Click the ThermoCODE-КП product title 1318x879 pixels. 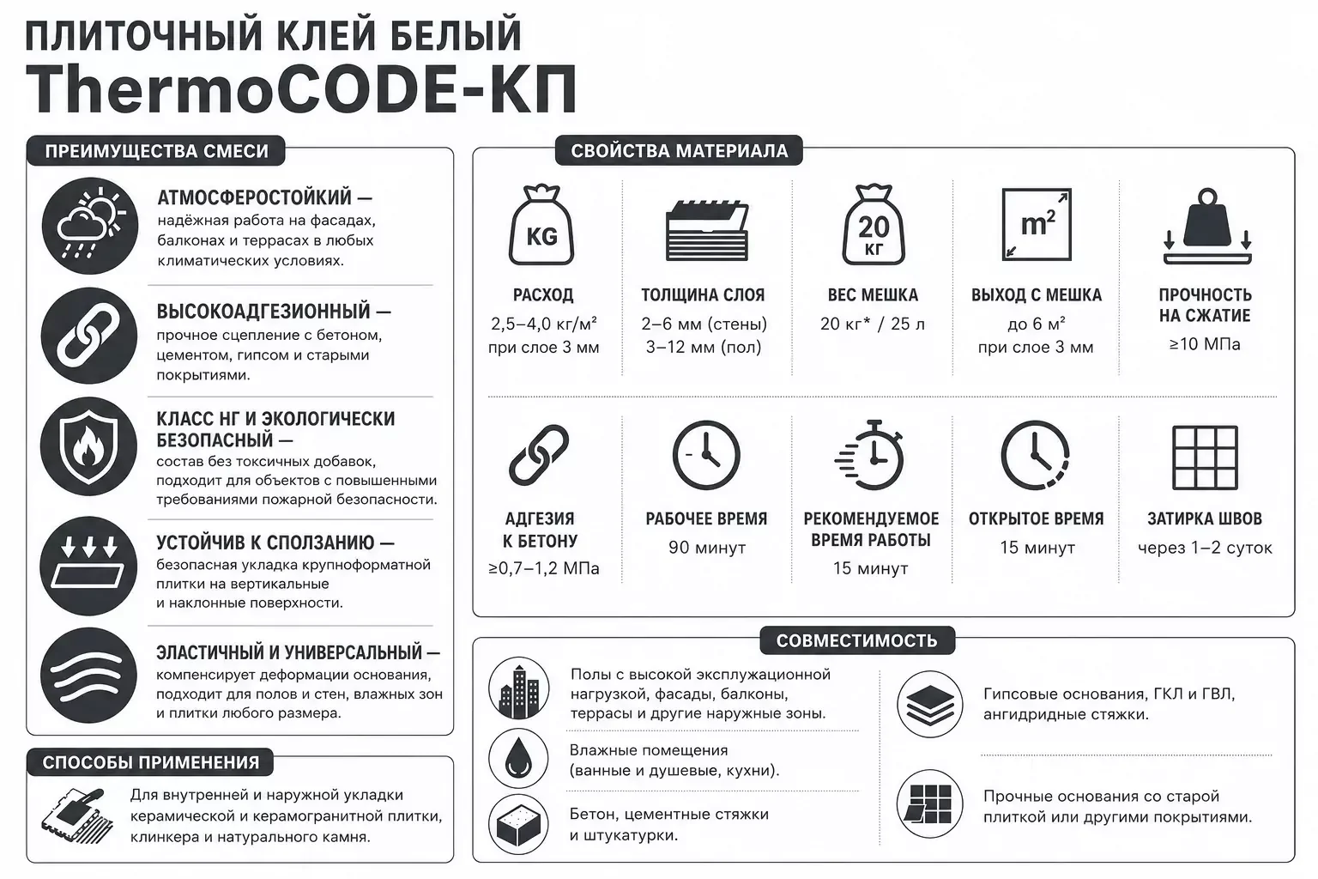click(x=300, y=89)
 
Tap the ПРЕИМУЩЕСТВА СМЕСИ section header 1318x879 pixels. click(x=156, y=151)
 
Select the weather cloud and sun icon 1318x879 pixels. click(x=90, y=226)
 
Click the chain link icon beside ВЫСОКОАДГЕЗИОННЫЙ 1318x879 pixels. click(x=89, y=336)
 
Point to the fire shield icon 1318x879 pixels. click(x=89, y=446)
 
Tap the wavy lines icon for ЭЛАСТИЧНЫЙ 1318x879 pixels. click(x=89, y=676)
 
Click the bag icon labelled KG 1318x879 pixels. click(x=541, y=225)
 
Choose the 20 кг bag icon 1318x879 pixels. click(x=874, y=225)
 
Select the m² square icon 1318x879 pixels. click(x=1037, y=224)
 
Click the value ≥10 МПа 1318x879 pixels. click(x=1205, y=344)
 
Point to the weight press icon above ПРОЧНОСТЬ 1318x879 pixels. click(x=1207, y=226)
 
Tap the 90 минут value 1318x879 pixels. click(x=707, y=548)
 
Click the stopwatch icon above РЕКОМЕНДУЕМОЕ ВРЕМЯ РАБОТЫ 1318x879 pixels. click(x=869, y=454)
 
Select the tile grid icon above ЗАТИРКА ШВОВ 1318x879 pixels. click(x=1205, y=458)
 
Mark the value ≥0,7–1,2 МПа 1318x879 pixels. click(x=544, y=568)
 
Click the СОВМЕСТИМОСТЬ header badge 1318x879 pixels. click(x=856, y=640)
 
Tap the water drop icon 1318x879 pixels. click(x=518, y=758)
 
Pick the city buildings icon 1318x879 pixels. click(x=518, y=688)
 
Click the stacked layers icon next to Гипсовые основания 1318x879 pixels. click(x=929, y=704)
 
